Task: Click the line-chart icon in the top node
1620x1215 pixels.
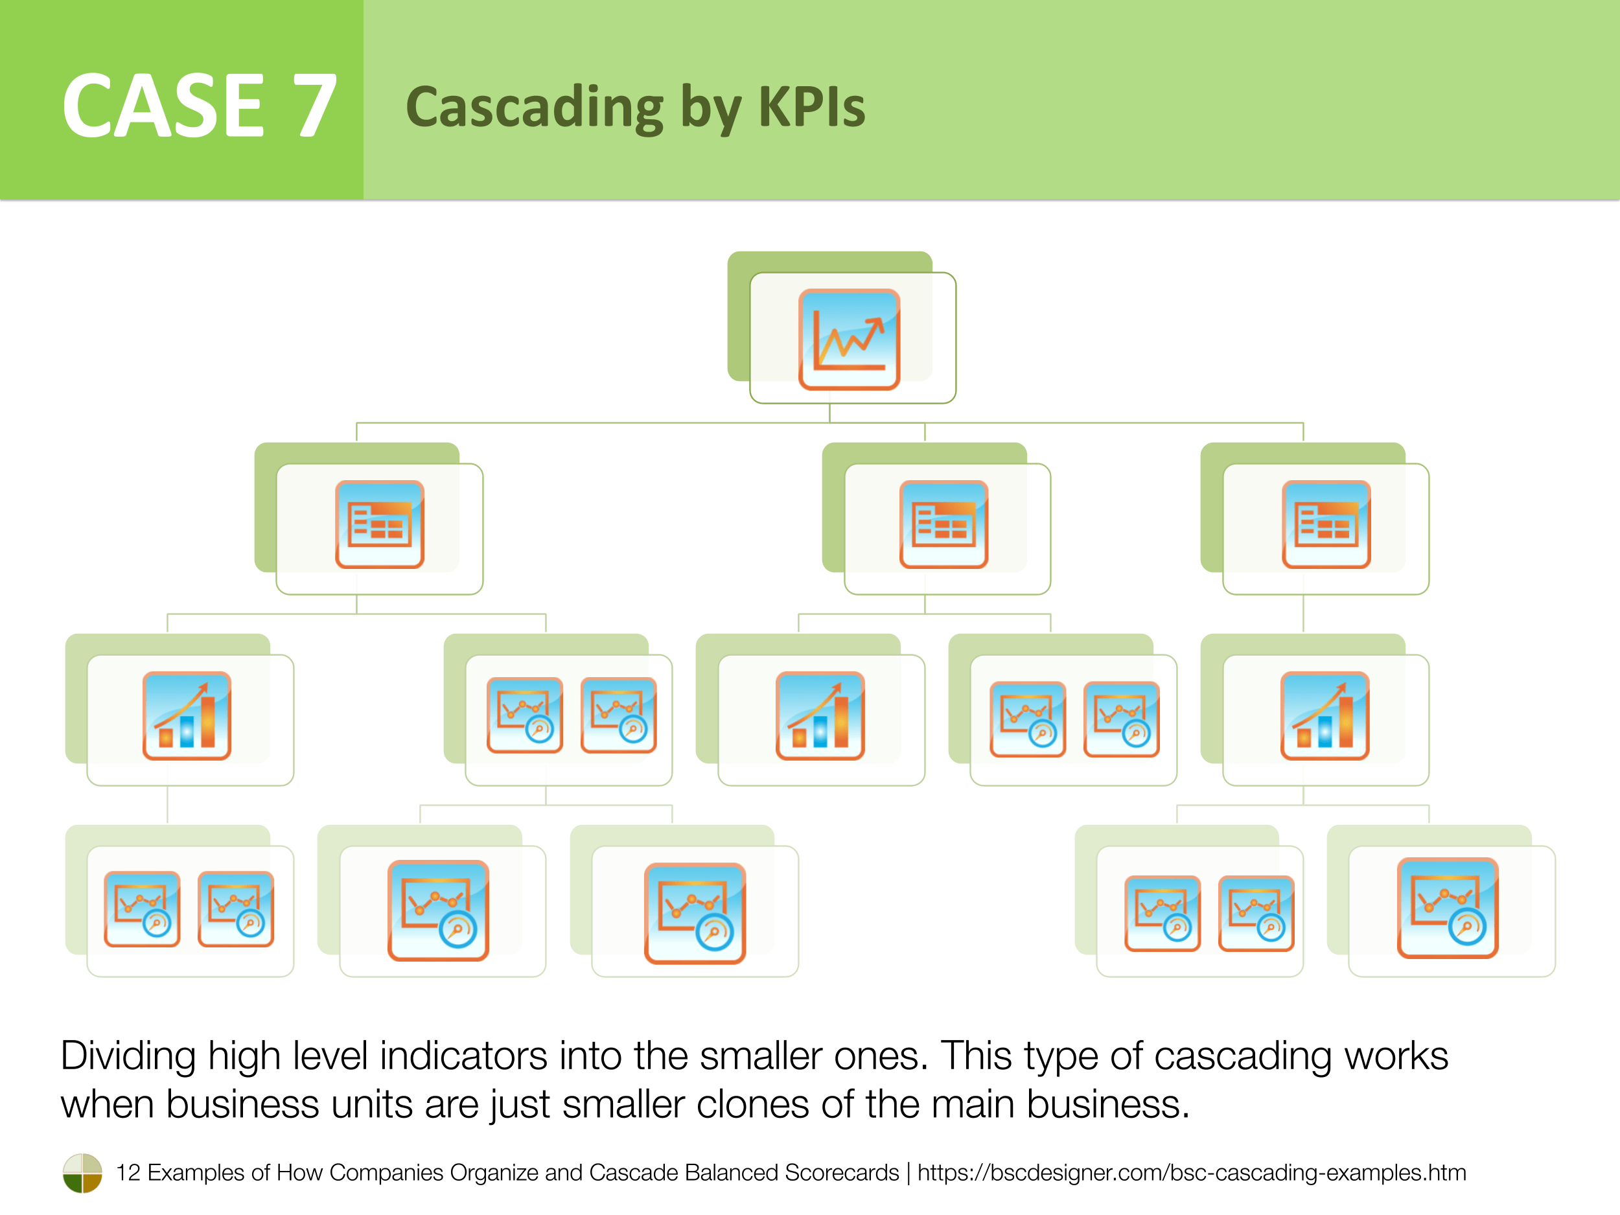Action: point(849,339)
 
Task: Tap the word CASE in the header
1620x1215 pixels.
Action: point(163,106)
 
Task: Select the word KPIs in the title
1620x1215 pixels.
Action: point(811,107)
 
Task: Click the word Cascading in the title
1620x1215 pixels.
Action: point(535,107)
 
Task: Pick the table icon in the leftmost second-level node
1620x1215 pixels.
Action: point(379,524)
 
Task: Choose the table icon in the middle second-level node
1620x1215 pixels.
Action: point(943,524)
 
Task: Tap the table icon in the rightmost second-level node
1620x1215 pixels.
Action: point(1326,524)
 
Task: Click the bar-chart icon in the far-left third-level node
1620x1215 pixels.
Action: point(187,715)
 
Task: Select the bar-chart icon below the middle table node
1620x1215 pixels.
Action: point(820,715)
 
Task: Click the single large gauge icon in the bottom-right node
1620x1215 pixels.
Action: point(1447,908)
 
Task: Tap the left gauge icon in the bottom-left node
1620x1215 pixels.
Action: point(142,909)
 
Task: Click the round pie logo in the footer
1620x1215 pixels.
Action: point(82,1172)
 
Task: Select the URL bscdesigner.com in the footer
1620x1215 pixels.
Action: point(1191,1172)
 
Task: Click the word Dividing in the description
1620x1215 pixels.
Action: point(128,1056)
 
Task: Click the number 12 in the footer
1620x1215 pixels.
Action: point(128,1172)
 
